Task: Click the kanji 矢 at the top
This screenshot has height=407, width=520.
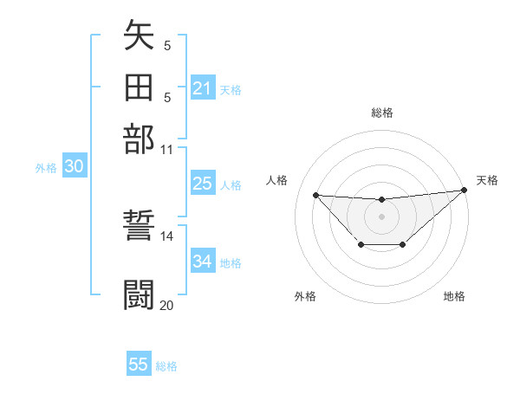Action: coord(139,36)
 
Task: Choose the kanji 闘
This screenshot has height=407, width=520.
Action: coord(139,294)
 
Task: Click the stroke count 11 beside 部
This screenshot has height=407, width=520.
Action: coord(167,149)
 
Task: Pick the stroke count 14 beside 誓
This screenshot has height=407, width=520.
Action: coord(167,236)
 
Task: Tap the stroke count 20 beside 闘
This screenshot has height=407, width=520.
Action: coord(167,305)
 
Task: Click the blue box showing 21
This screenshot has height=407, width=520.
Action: coord(203,88)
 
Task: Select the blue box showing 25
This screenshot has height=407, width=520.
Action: coord(203,184)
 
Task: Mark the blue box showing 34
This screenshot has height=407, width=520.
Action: coord(203,262)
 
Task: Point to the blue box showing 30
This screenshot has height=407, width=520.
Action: coord(74,167)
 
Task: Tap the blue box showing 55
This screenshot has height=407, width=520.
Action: coord(139,365)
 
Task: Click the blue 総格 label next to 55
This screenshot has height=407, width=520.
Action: coord(167,366)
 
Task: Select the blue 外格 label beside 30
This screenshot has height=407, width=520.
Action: coord(46,168)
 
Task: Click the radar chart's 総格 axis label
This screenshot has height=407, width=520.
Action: coord(381,113)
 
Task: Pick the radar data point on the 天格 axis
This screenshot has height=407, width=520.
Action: coord(465,191)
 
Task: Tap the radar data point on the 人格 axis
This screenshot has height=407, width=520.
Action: coord(316,195)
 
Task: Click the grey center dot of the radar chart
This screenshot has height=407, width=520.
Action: coord(381,216)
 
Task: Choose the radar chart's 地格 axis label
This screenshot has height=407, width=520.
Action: coord(454,297)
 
